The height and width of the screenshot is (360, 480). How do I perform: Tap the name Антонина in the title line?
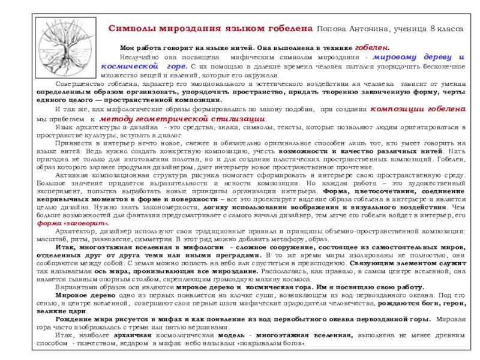[371, 29]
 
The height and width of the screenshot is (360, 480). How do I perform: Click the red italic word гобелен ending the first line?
[372, 46]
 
